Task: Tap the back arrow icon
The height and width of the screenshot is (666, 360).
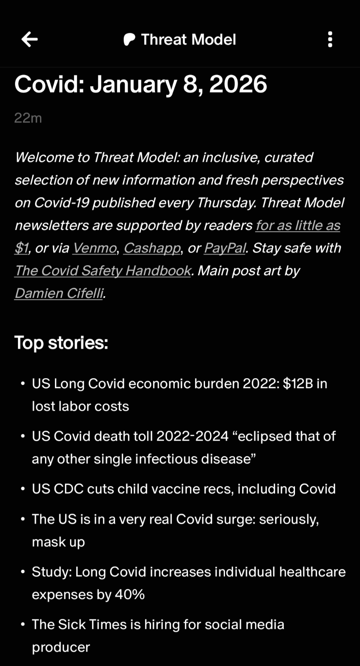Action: pyautogui.click(x=30, y=40)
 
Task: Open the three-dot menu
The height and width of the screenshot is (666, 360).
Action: pyautogui.click(x=330, y=40)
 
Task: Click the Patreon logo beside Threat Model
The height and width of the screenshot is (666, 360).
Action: pyautogui.click(x=129, y=40)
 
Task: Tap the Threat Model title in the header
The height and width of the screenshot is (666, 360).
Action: pyautogui.click(x=188, y=40)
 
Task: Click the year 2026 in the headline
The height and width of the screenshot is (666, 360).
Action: pyautogui.click(x=238, y=84)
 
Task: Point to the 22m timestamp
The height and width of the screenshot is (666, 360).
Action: pyautogui.click(x=28, y=118)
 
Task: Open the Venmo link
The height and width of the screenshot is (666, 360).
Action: pyautogui.click(x=95, y=248)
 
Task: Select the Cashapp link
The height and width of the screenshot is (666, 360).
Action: pyautogui.click(x=152, y=248)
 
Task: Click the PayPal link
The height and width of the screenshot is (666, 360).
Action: pyautogui.click(x=225, y=248)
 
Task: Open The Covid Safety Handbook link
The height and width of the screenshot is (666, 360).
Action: pyautogui.click(x=103, y=271)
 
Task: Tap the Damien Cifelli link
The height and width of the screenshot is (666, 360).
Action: pyautogui.click(x=59, y=293)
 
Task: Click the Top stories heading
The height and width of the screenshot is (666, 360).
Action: pyautogui.click(x=61, y=343)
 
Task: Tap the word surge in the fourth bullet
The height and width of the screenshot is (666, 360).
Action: pyautogui.click(x=234, y=519)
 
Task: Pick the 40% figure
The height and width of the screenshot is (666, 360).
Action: pyautogui.click(x=130, y=594)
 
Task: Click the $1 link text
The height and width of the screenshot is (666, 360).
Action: pyautogui.click(x=21, y=248)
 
